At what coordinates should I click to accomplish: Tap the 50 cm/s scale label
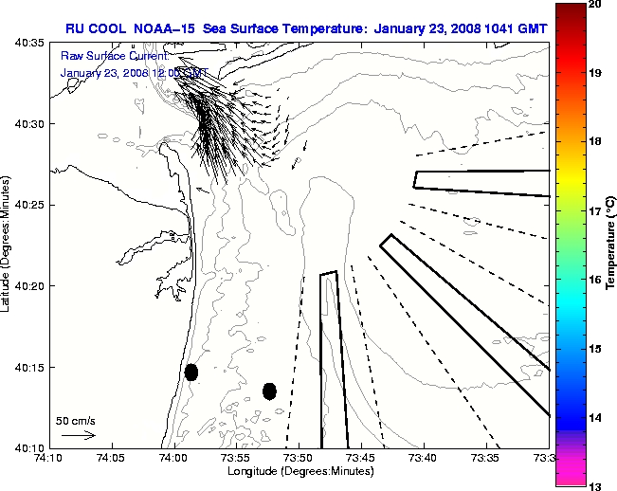click(x=76, y=421)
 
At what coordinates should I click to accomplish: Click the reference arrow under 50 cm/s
click(x=78, y=435)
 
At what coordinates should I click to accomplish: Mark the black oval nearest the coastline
click(x=191, y=372)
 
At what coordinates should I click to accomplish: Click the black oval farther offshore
click(x=269, y=391)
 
